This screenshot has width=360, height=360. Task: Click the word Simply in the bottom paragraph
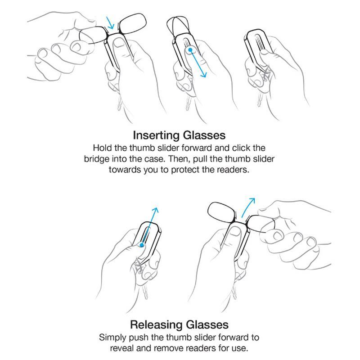click(112, 337)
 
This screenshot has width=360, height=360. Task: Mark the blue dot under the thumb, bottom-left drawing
click(141, 245)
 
